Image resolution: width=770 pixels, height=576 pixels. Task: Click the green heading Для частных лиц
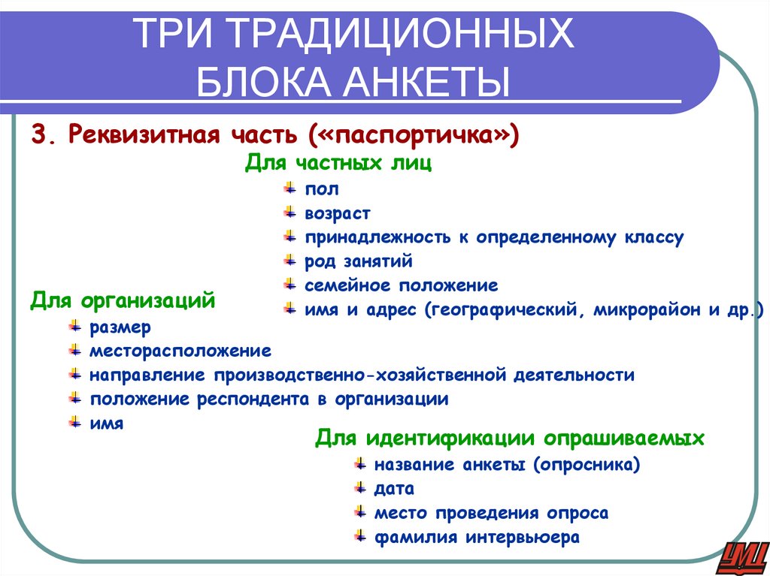click(x=338, y=164)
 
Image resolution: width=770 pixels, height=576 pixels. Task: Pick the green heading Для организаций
click(x=123, y=302)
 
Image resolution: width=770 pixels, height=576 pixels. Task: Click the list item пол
click(x=322, y=189)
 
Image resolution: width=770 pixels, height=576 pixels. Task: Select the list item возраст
click(x=338, y=214)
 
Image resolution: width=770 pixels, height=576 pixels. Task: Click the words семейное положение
click(x=401, y=285)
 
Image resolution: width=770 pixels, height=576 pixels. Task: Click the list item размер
click(x=120, y=327)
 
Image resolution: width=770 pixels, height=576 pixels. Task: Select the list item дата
click(x=394, y=489)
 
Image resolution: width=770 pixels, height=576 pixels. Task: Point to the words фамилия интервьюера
click(x=477, y=538)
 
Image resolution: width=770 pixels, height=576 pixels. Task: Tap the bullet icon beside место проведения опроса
click(x=359, y=512)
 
